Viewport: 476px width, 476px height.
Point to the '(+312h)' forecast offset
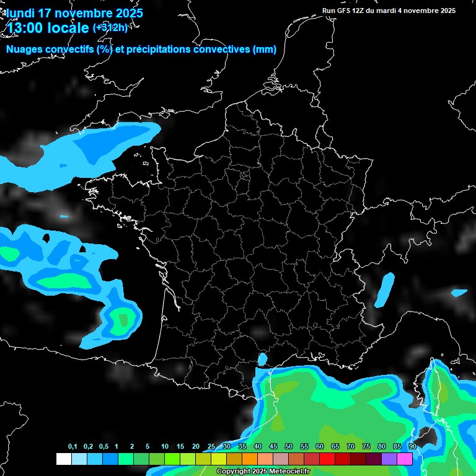tap(110, 27)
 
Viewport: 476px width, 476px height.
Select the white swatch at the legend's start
tap(63, 459)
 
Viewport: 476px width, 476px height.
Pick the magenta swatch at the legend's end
tap(405, 459)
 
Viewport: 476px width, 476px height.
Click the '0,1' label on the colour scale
tap(73, 446)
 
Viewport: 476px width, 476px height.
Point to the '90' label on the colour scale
tap(412, 446)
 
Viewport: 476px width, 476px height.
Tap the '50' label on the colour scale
tap(289, 446)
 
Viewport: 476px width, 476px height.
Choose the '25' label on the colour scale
tap(211, 446)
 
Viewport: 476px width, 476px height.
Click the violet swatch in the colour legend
tap(389, 459)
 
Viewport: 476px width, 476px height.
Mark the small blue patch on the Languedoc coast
tap(262, 359)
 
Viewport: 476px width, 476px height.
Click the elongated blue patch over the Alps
tap(386, 289)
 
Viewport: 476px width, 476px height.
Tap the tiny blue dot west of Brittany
tap(64, 216)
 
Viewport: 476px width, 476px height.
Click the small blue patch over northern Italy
tap(459, 293)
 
